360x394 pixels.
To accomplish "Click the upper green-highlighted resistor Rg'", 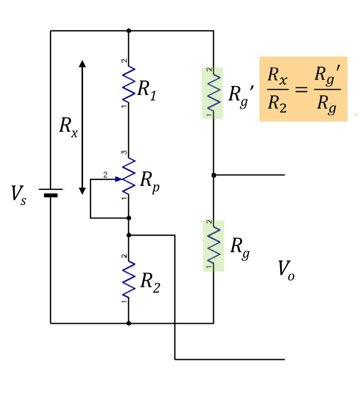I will pos(212,93).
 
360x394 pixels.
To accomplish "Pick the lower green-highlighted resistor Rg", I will pos(213,245).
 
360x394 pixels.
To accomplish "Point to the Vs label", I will pos(20,195).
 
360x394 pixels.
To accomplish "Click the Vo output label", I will pos(286,271).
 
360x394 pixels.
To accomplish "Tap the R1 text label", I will pos(148,90).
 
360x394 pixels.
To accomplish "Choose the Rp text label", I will pos(149,181).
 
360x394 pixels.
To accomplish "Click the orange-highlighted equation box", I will pos(303,89).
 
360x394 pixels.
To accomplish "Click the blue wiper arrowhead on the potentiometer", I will pos(118,179).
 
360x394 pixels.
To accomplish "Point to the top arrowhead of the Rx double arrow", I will pos(82,64).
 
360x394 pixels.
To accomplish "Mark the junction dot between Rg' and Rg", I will pos(213,175).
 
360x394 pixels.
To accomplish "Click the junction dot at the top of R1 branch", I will pos(129,31).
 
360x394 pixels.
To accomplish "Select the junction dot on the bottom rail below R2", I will pos(129,323).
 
